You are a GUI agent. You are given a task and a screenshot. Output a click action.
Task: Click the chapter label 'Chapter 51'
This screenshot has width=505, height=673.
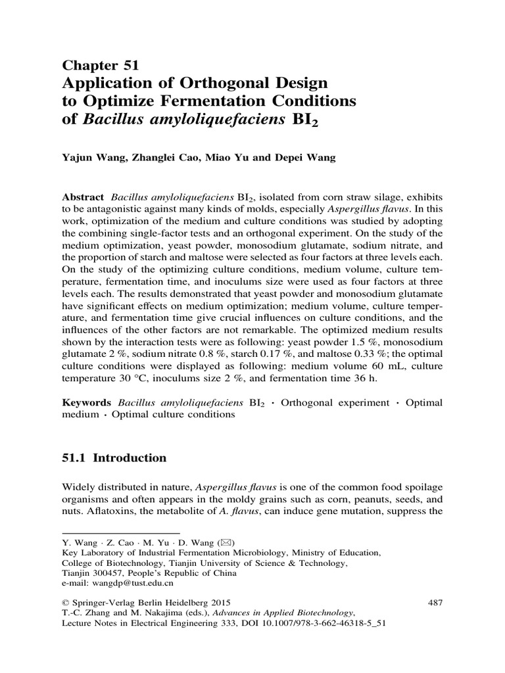coord(100,64)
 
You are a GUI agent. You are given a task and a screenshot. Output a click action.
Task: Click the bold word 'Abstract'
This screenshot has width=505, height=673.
coord(83,197)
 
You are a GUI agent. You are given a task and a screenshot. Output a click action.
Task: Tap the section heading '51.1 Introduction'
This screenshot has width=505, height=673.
coord(114,457)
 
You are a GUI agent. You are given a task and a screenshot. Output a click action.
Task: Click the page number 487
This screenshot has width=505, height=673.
coord(434,601)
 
